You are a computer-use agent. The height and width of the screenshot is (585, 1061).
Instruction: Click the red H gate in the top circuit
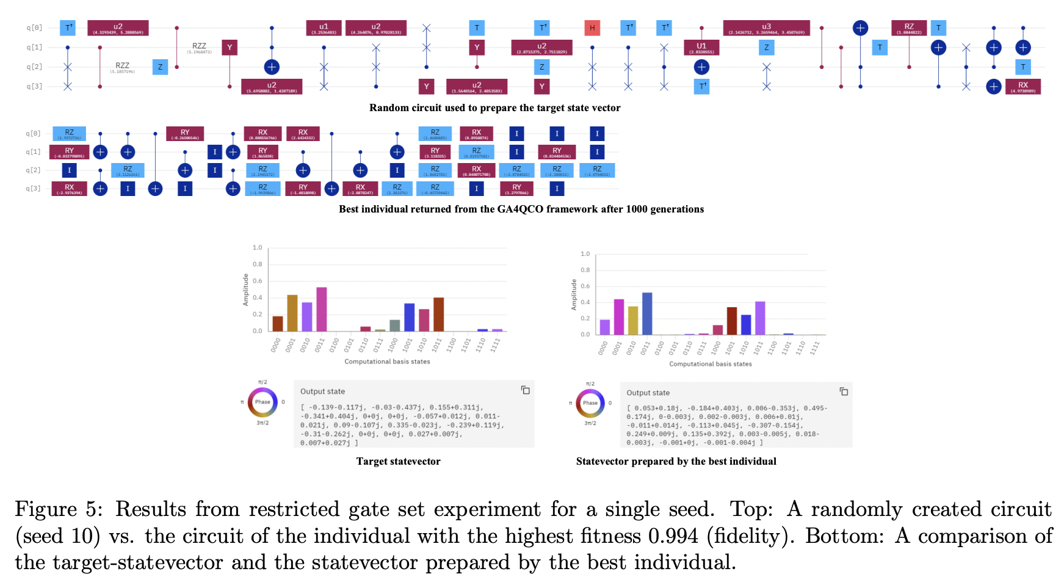pos(592,28)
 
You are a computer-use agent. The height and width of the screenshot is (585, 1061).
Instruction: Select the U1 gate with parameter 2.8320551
pos(701,48)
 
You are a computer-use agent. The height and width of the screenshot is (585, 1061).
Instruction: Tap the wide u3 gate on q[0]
pos(766,28)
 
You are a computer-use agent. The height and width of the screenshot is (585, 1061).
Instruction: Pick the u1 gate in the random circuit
pos(324,28)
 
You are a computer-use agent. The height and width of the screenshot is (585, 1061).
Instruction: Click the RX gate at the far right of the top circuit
pos(1023,87)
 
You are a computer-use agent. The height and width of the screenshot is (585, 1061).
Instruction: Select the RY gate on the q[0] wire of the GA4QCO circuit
pos(185,134)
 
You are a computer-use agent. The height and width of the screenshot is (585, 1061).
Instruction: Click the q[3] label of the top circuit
pos(34,87)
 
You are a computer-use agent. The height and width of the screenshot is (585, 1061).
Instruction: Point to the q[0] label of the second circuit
pos(34,133)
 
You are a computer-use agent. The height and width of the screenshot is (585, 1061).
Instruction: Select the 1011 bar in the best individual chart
pos(759,318)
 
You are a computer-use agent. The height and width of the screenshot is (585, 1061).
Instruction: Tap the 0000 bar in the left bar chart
pos(277,324)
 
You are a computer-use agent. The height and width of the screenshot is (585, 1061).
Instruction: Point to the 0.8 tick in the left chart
pos(258,264)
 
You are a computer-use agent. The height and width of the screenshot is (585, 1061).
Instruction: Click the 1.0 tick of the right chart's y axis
pos(585,253)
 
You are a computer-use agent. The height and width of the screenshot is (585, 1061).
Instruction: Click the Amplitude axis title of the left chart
pos(246,289)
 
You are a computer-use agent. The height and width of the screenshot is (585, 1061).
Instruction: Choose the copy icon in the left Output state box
pos(525,390)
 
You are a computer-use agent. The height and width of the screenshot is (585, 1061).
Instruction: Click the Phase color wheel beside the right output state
pos(590,403)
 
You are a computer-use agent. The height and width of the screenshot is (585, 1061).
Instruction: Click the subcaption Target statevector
pos(398,462)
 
